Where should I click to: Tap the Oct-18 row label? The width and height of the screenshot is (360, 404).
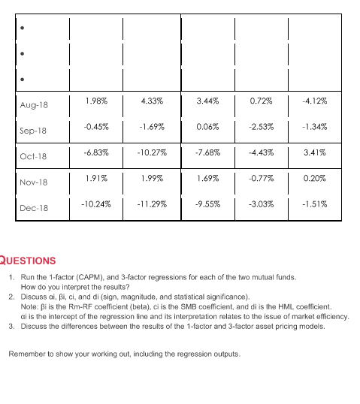click(x=35, y=157)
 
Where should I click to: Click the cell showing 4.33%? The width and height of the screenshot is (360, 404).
click(x=152, y=100)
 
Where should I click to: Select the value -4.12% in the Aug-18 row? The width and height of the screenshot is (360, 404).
click(x=313, y=100)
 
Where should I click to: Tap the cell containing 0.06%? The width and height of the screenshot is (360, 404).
click(x=207, y=127)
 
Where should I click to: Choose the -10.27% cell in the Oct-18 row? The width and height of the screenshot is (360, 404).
click(x=152, y=152)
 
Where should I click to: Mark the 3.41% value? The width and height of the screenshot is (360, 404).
click(x=313, y=152)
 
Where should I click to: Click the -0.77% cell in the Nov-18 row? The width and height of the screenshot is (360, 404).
click(x=261, y=179)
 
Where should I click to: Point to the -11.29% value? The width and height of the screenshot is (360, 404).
click(x=152, y=204)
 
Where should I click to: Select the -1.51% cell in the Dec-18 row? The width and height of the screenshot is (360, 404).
click(x=313, y=204)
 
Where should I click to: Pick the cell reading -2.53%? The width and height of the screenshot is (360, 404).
click(x=261, y=127)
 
